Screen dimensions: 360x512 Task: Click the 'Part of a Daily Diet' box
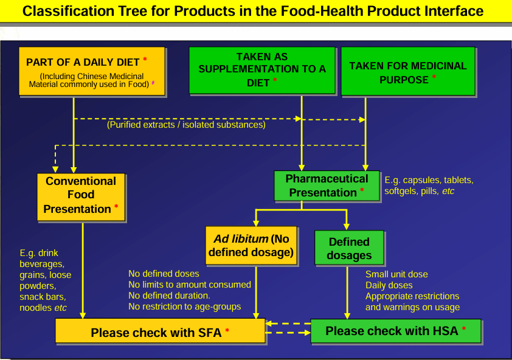91,71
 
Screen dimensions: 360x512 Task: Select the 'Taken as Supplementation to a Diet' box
262,69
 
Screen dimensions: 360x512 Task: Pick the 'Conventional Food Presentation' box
81,195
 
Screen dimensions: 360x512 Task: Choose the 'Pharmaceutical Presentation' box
327,185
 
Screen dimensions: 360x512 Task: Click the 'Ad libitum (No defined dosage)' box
251,244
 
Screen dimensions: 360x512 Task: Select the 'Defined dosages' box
349,248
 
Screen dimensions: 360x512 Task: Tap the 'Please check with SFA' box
160,332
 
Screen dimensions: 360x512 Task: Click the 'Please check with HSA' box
395,331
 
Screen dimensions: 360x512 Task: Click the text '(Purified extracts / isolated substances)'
186,125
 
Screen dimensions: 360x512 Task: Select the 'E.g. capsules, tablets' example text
429,180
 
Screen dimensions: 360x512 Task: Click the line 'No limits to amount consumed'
190,285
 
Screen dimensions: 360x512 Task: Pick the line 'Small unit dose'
396,274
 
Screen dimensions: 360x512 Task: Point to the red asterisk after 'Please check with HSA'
464,330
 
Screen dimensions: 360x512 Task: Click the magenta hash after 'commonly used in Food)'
153,85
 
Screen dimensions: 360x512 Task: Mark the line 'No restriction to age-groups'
185,306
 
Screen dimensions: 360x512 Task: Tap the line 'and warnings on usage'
412,307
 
